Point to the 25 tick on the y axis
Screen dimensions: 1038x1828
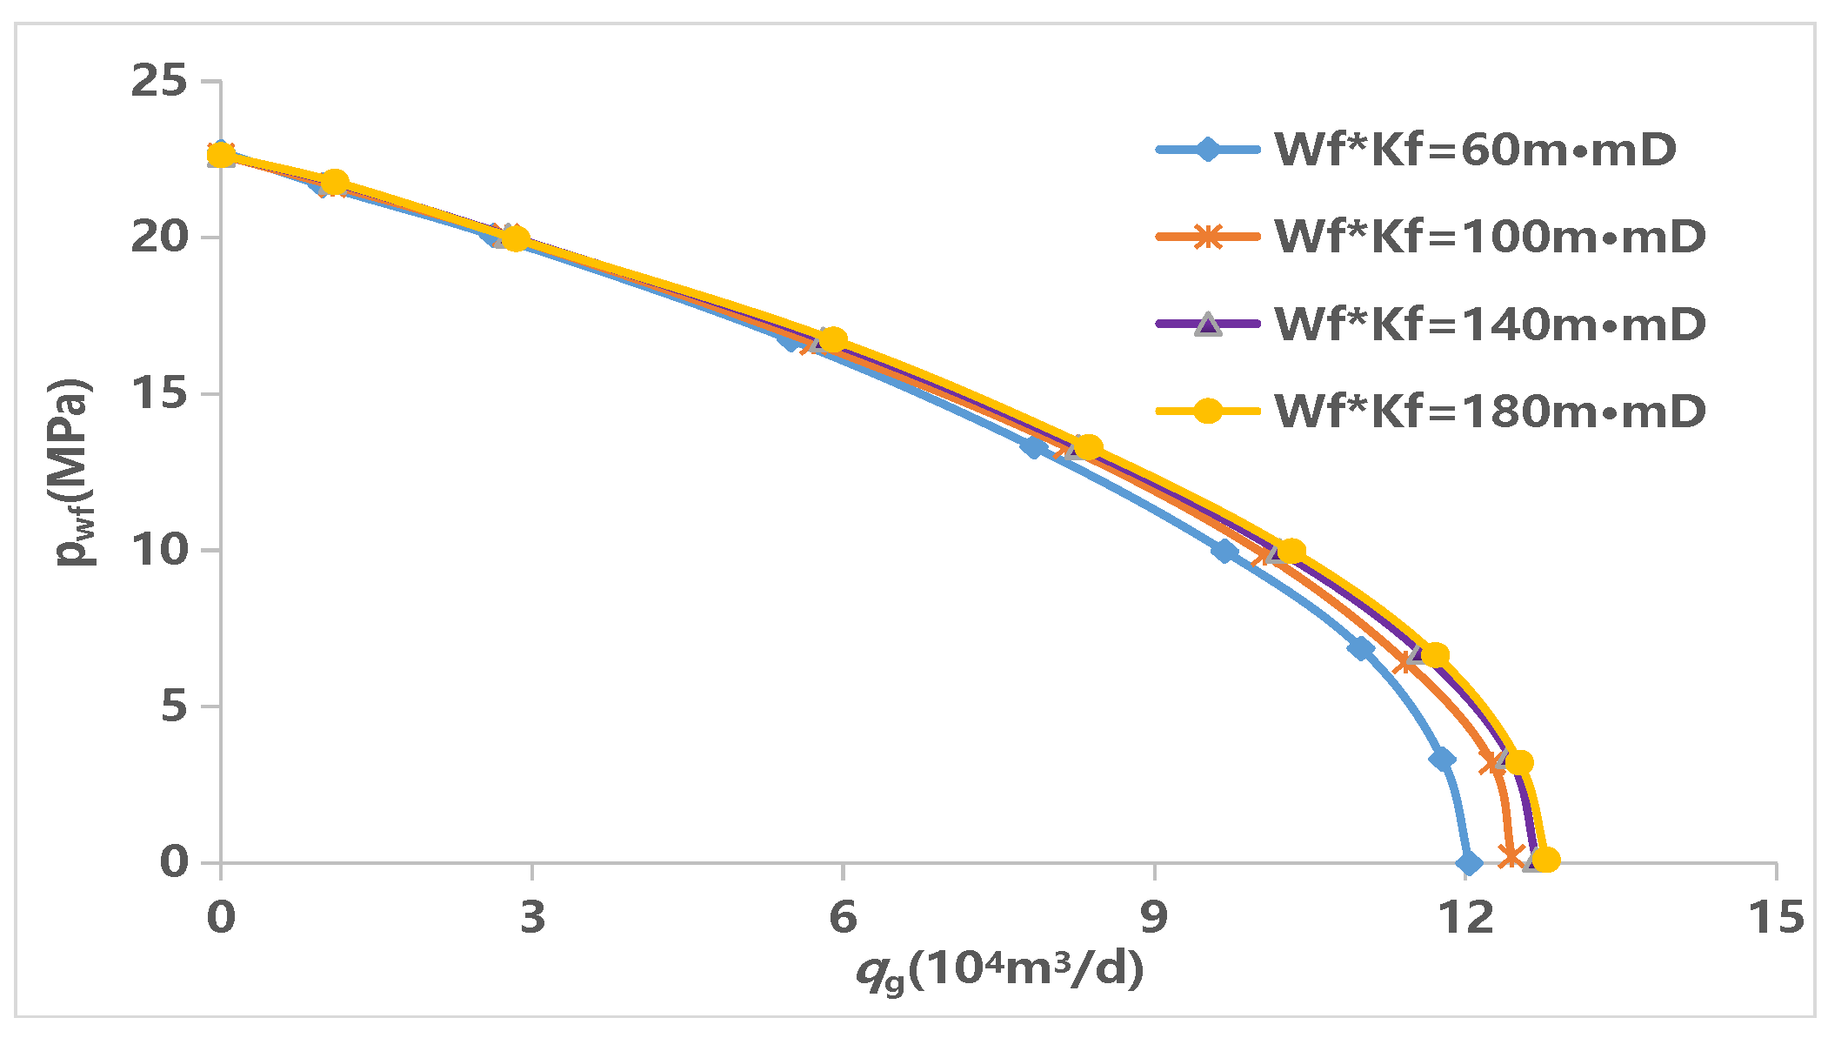pos(159,82)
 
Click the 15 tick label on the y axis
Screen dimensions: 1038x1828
pos(159,394)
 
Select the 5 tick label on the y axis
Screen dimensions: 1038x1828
pos(174,707)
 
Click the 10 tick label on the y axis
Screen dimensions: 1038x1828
pos(159,551)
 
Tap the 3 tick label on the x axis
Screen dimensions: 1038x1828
pos(532,917)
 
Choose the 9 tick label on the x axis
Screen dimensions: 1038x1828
pos(1154,917)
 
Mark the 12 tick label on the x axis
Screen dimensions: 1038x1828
pos(1465,917)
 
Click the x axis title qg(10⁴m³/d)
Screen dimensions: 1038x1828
pos(1000,970)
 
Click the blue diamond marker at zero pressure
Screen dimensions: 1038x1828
pos(1469,864)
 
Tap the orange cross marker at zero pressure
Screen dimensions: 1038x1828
pos(1511,857)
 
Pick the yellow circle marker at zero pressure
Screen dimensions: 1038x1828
pos(1545,861)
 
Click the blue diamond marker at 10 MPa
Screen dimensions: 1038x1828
pos(1224,551)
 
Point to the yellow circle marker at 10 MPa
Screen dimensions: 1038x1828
pos(1291,551)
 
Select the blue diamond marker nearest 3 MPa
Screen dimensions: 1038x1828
pos(1442,760)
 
